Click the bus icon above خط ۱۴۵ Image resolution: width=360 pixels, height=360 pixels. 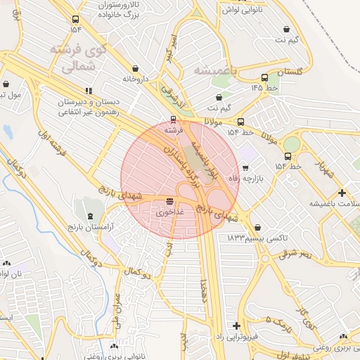point(264,78)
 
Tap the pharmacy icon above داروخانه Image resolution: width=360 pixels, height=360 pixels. point(134,69)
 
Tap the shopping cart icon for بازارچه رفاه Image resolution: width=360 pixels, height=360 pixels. point(245,167)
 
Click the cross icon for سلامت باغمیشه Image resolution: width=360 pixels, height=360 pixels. point(342,193)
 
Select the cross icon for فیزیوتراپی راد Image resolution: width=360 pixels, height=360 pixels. point(236,326)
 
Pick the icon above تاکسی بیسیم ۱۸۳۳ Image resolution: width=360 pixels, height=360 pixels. point(259,228)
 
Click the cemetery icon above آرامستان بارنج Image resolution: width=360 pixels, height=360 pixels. point(89,216)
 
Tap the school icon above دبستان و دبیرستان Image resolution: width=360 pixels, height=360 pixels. point(89,91)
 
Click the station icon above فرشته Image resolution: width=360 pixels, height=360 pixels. point(174,120)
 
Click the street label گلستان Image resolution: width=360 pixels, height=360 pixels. point(290,72)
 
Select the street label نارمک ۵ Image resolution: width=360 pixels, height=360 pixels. point(259,323)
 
